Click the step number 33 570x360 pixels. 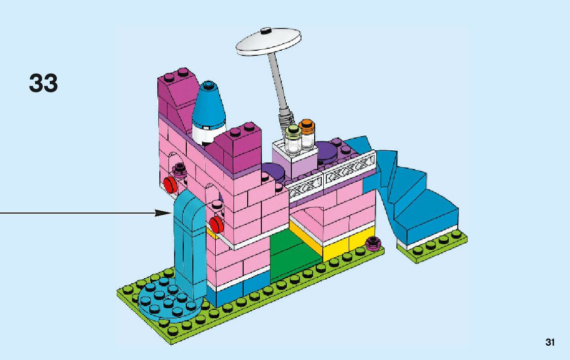coord(44,83)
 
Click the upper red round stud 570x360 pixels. coord(170,183)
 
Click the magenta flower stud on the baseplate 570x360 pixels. coord(375,243)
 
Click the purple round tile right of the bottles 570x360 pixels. coord(329,151)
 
